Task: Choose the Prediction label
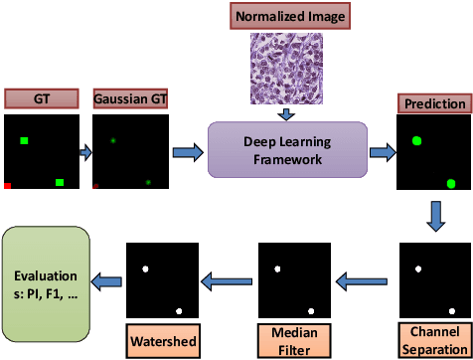click(433, 102)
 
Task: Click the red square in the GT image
click(8, 185)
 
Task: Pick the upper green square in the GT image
click(22, 141)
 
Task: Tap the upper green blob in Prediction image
click(415, 142)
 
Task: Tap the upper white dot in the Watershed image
click(146, 269)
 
